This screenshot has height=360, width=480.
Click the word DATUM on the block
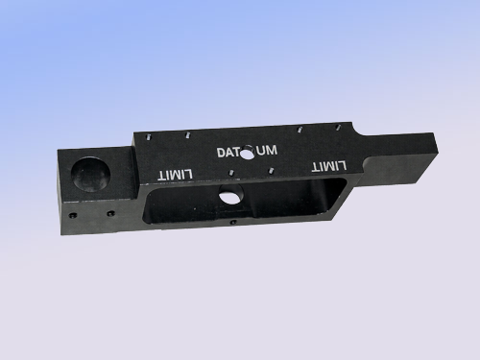tap(247, 152)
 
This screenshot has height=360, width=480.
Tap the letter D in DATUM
tap(222, 153)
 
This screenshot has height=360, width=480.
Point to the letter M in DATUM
tap(272, 150)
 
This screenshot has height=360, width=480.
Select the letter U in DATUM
tap(261, 151)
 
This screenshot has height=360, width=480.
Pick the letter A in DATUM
tap(231, 153)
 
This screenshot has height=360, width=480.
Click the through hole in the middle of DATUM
tap(248, 154)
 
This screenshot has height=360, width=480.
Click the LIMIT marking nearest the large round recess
tap(176, 175)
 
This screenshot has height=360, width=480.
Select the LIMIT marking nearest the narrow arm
tap(329, 166)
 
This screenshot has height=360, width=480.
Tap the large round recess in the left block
tap(91, 173)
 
